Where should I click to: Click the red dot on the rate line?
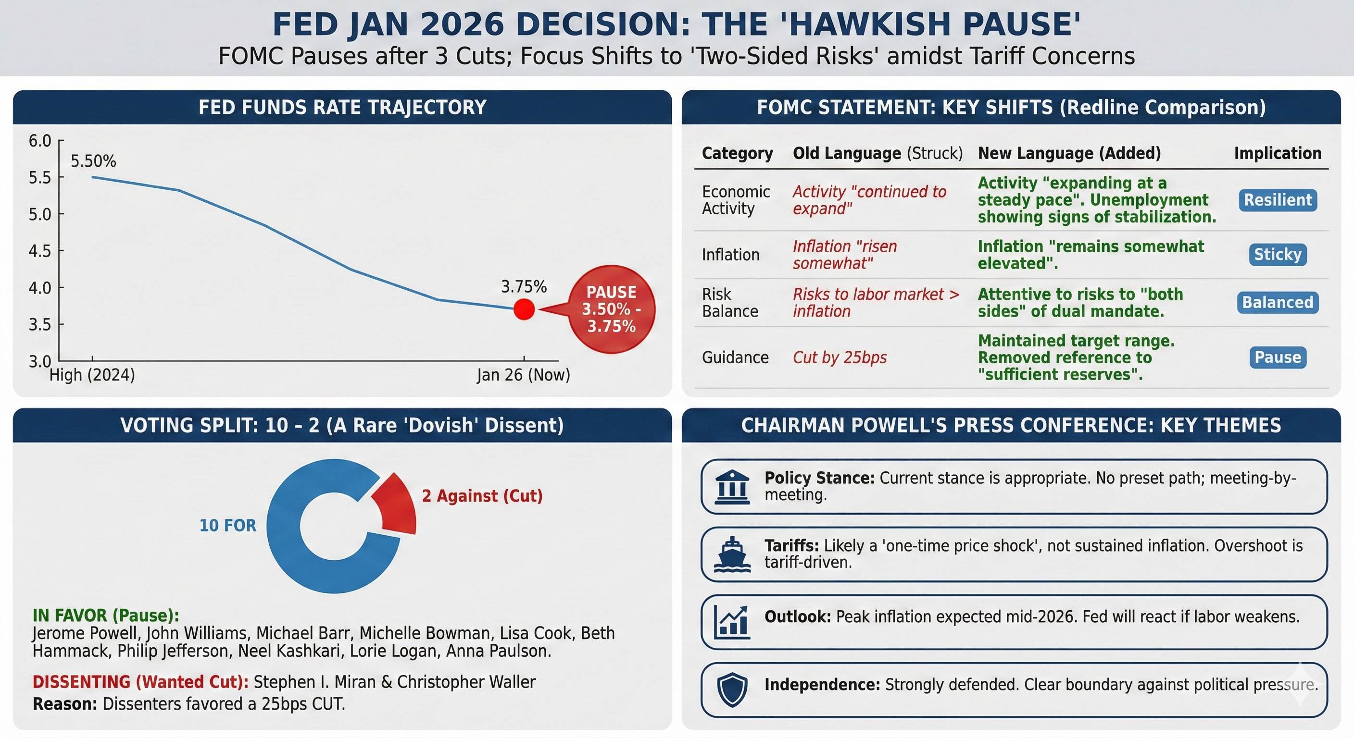point(524,309)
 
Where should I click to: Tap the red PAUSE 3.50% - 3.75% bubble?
point(611,309)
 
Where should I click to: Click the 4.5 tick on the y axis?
point(40,251)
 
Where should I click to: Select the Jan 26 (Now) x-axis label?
point(523,375)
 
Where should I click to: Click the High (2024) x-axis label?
point(92,375)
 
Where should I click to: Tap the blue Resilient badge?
point(1277,200)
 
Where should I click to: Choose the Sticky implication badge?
point(1277,255)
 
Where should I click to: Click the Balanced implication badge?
point(1277,303)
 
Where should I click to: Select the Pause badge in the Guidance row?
point(1277,357)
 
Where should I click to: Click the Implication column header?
point(1277,153)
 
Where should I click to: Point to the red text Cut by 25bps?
point(840,357)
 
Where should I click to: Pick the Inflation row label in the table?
point(731,255)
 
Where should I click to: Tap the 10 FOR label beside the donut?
point(227,525)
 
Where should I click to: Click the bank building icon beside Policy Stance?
point(732,487)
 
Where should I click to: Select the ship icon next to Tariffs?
point(732,554)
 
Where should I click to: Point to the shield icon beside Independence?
point(732,689)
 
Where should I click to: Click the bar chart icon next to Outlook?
point(732,622)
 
